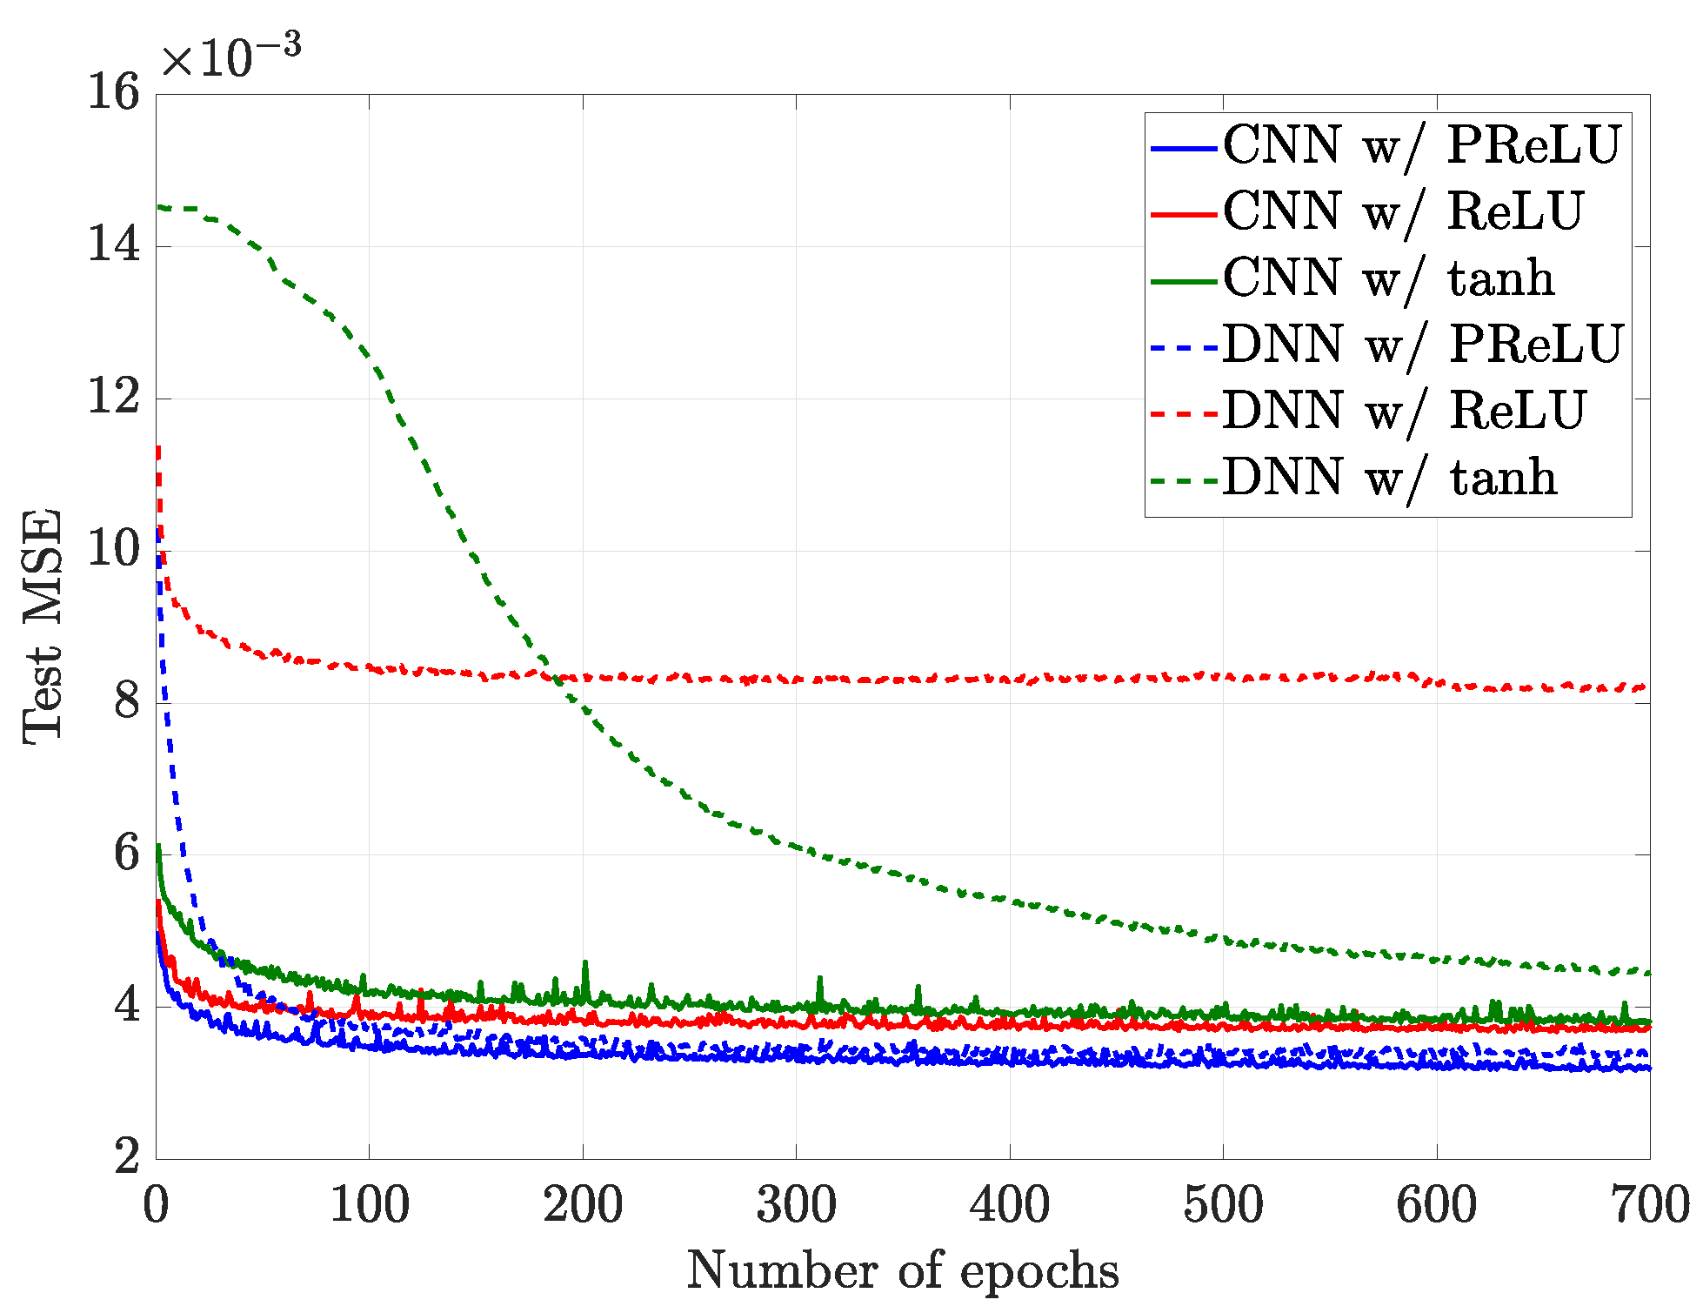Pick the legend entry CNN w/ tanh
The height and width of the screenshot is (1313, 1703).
[1388, 278]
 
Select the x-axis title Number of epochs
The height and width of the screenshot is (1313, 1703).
[902, 1271]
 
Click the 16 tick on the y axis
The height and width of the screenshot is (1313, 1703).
[114, 93]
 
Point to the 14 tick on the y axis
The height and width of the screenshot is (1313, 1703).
[114, 245]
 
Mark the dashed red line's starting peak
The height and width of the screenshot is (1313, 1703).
[158, 449]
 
